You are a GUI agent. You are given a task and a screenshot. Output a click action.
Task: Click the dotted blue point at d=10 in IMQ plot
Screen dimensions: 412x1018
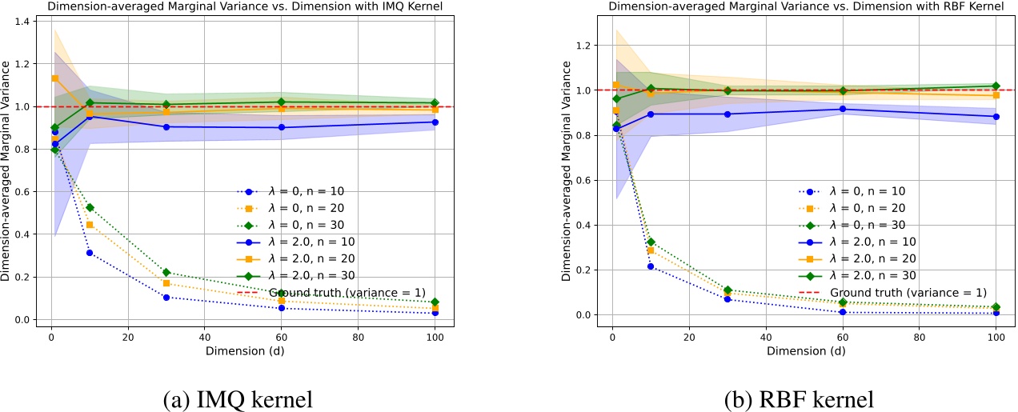pos(90,253)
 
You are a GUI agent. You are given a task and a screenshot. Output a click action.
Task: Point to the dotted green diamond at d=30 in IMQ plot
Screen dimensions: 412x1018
pos(166,273)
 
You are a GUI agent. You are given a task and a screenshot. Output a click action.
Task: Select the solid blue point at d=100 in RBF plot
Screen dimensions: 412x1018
pos(996,117)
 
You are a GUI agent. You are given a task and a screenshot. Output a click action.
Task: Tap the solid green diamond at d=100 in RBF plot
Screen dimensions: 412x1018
pos(996,86)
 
